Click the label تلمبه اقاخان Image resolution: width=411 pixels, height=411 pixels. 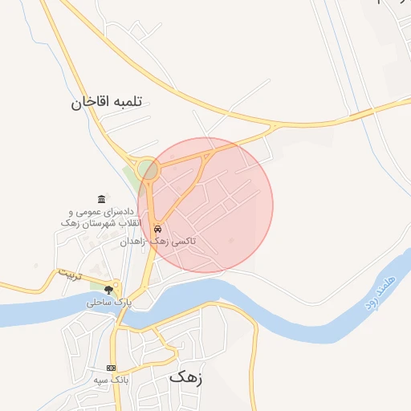pos(105,102)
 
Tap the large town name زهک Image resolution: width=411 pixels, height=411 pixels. pos(186,376)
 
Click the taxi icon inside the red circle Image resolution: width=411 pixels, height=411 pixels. pos(158,227)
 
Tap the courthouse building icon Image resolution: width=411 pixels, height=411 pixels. pos(100,199)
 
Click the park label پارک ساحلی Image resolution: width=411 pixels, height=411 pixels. pos(108,303)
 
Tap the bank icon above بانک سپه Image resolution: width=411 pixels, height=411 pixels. pos(111,367)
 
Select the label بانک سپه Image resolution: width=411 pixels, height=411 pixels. pos(111,379)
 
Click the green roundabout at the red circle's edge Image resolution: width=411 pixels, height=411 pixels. pos(148,169)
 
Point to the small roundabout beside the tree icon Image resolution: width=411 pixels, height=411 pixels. pos(117,287)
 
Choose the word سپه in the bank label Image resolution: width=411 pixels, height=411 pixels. pos(102,379)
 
